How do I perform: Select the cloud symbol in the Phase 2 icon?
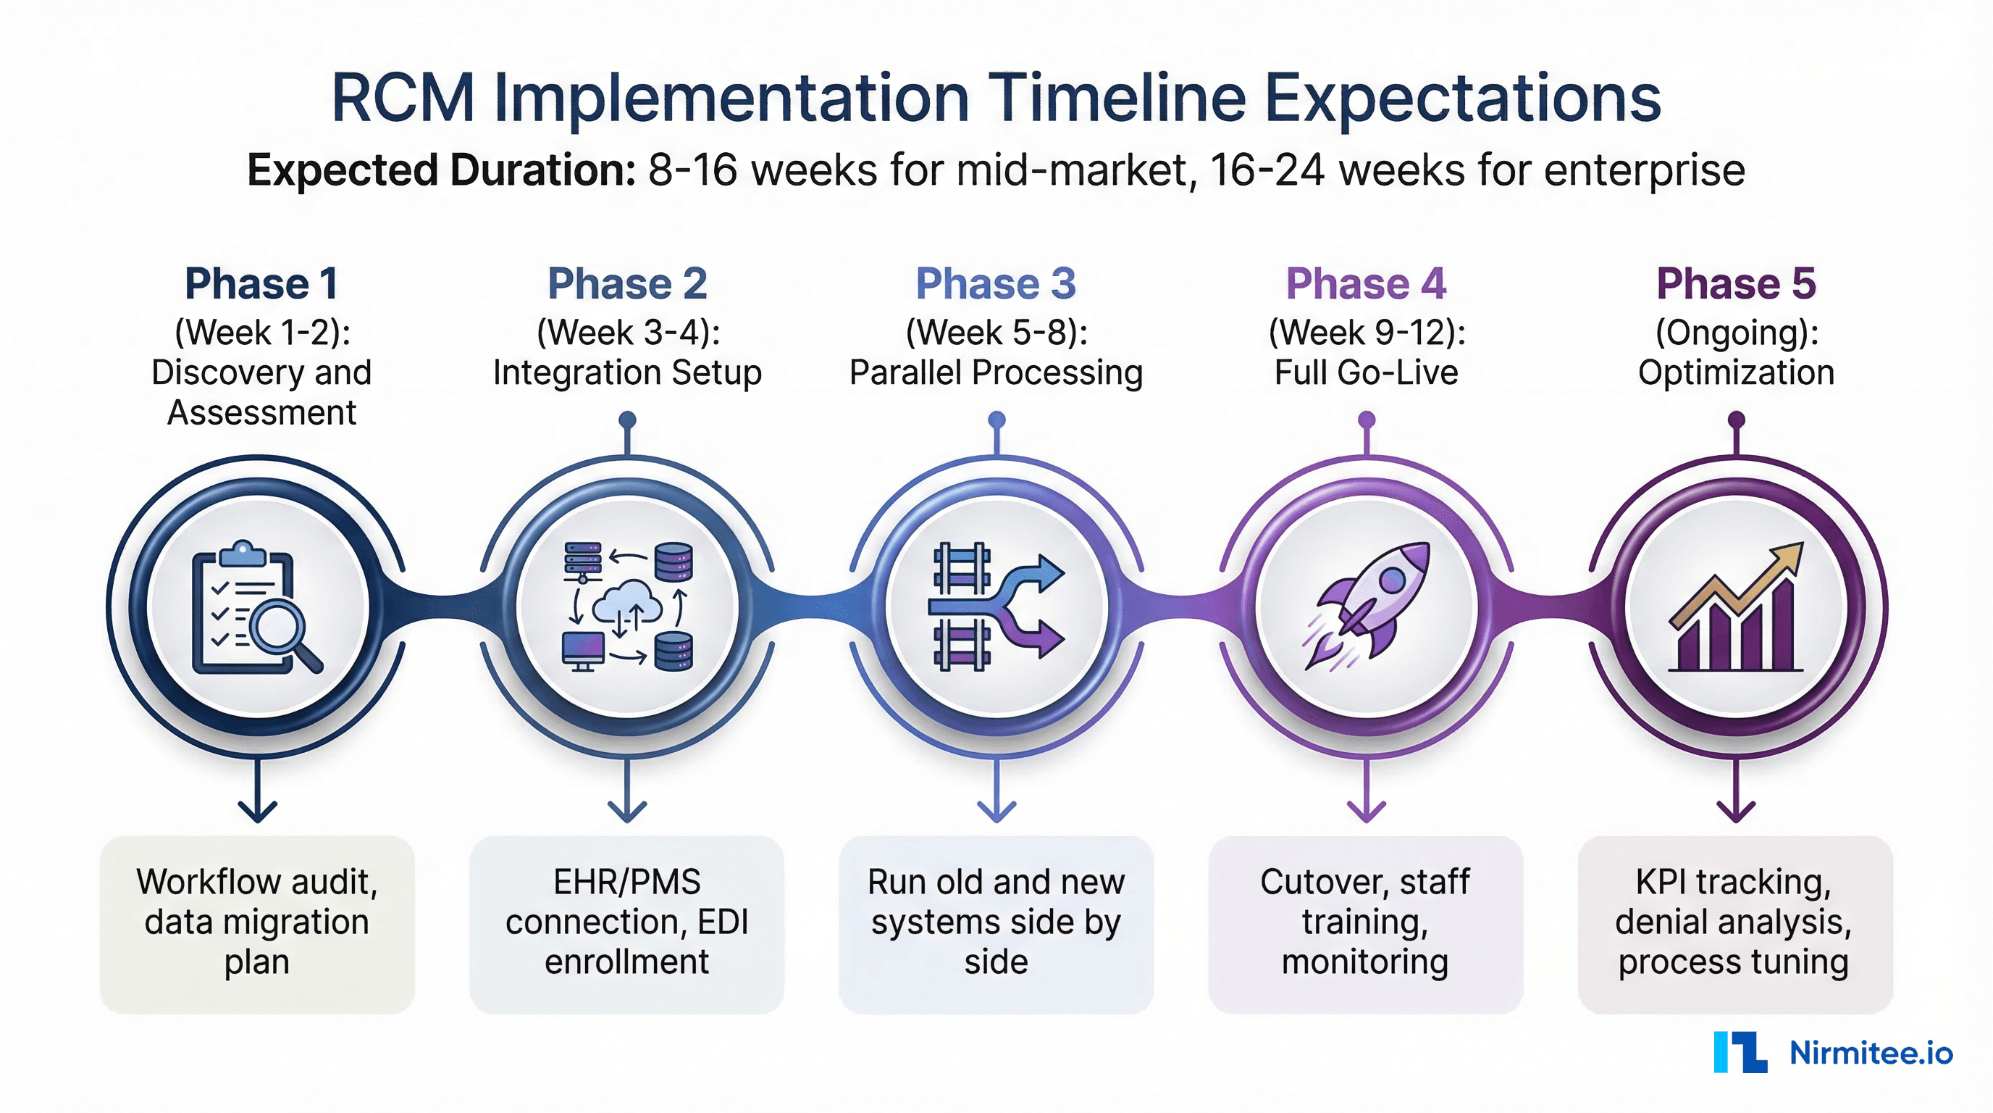tap(628, 602)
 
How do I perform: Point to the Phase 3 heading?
tap(996, 283)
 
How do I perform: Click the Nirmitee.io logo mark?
tap(1740, 1052)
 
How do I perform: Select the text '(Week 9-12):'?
tap(1367, 333)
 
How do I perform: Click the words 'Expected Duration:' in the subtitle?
tap(441, 170)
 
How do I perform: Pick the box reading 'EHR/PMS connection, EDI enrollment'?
tap(626, 922)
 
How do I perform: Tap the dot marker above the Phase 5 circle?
tap(1736, 420)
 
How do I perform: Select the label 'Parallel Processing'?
tap(996, 373)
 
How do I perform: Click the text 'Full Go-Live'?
tap(1367, 373)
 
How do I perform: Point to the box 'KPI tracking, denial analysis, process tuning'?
tap(1734, 922)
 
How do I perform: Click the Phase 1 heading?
tap(261, 283)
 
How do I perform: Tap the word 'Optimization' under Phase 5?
tap(1735, 373)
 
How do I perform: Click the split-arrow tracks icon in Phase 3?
tap(996, 605)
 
